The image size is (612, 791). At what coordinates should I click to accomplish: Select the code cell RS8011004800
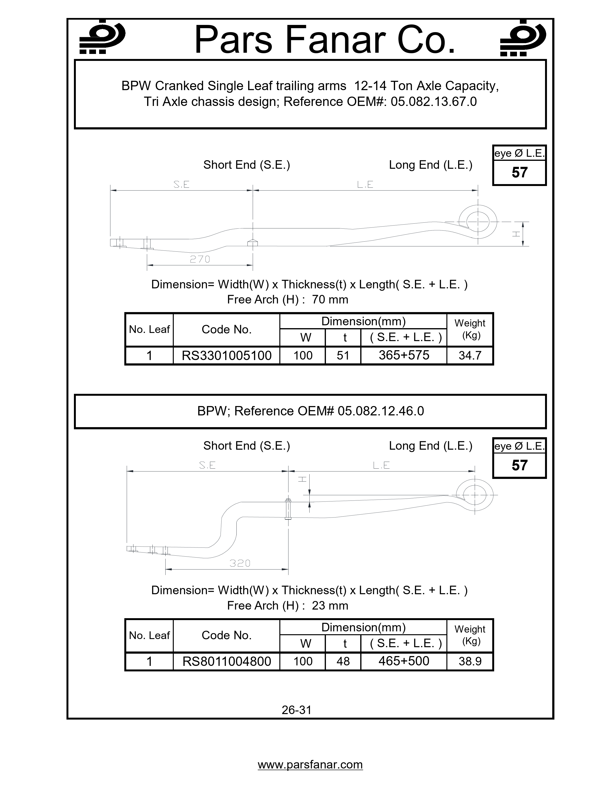pos(227,661)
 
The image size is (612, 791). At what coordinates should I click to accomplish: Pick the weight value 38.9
pos(470,661)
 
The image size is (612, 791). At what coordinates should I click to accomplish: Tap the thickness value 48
pos(343,661)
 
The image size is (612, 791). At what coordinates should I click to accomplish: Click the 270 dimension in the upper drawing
pos(200,259)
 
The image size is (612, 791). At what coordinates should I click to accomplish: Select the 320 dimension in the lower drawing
pos(240,563)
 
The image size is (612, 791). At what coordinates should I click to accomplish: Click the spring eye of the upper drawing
pos(478,222)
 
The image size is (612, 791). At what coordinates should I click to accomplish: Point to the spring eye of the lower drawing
pos(474,495)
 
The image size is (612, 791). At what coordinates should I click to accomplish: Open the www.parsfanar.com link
pos(310,765)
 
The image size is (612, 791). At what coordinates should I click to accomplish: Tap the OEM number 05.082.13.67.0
pos(434,102)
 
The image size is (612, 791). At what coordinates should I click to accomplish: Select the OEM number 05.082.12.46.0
pos(381,411)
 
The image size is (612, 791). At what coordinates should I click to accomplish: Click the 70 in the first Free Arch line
pos(318,300)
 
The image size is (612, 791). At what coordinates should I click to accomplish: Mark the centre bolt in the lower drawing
pos(288,509)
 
